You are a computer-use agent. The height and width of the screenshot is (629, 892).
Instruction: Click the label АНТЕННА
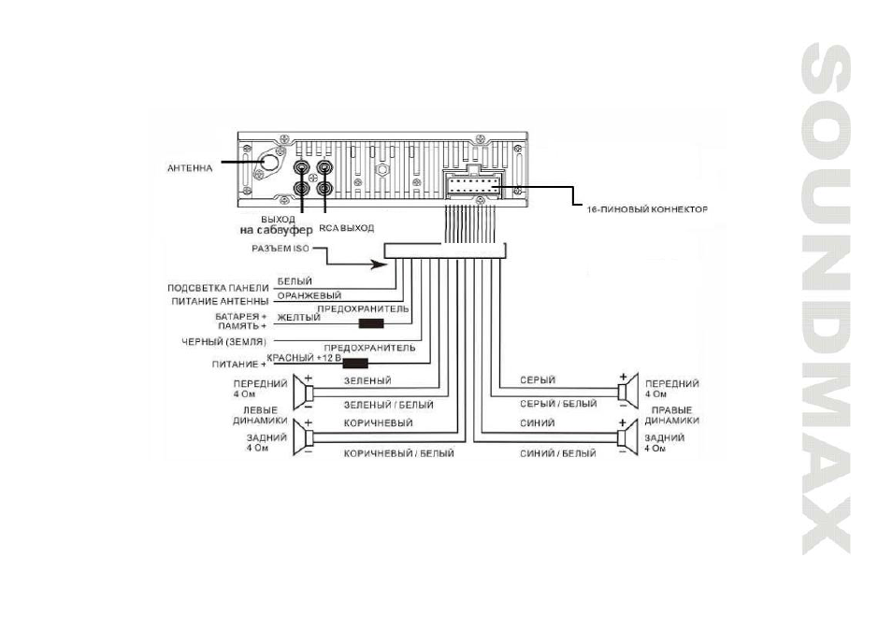point(190,168)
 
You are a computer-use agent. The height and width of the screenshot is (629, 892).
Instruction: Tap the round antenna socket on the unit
point(271,162)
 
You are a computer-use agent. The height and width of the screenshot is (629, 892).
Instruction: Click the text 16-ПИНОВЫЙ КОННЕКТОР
point(647,209)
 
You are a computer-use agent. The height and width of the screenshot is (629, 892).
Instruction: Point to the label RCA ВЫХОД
point(347,228)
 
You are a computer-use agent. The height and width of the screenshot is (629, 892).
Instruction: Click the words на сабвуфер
point(277,230)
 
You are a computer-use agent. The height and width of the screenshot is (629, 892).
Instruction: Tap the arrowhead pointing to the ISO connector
point(378,264)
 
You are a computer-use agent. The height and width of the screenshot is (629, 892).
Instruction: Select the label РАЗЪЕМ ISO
point(281,249)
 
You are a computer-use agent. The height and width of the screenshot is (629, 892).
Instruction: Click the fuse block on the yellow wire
point(371,323)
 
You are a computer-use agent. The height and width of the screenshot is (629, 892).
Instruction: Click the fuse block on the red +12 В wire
point(355,364)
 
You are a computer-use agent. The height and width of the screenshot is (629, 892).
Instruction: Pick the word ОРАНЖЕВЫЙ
point(309,295)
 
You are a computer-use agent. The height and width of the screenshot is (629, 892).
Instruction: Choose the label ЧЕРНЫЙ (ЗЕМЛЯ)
point(223,342)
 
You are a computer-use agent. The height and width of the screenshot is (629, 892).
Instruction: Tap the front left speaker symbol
point(304,393)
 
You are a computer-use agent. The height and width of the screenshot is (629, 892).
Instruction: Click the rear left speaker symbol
point(304,438)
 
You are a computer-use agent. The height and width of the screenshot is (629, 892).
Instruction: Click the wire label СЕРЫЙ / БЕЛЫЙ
point(558,404)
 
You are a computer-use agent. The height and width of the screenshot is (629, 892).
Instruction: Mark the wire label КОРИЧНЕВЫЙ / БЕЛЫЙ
point(399,453)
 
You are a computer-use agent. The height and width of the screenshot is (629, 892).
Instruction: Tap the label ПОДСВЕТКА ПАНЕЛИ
point(218,288)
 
